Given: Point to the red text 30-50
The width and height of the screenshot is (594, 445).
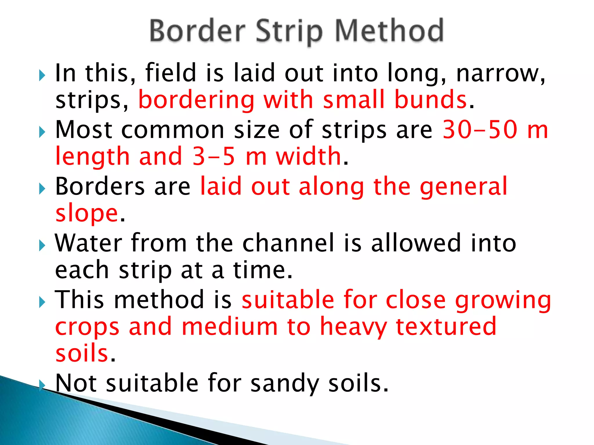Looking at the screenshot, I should pos(480,130).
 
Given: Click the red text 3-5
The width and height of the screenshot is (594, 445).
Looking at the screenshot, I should pos(214,156).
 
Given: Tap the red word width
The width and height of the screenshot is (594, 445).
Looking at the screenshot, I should pos(308,156).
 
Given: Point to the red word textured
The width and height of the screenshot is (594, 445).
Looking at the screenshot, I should pos(446,327).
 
